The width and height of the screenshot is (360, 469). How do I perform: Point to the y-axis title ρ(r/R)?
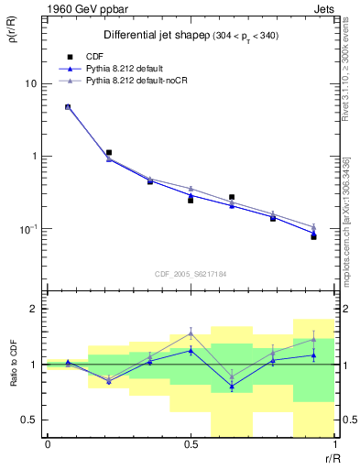click(x=13, y=37)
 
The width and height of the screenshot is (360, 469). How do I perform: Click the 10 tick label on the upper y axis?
click(x=30, y=83)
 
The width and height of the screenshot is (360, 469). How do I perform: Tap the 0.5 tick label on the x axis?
click(x=191, y=444)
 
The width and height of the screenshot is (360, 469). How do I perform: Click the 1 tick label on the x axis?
click(x=333, y=444)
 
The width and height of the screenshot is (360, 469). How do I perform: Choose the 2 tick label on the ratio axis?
click(x=35, y=309)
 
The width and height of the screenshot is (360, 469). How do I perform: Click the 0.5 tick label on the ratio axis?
click(x=30, y=420)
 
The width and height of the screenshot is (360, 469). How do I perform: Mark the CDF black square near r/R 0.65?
click(x=232, y=197)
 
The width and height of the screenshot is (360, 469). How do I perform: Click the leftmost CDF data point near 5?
click(x=68, y=107)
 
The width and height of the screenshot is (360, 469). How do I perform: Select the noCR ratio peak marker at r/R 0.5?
click(x=191, y=333)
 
